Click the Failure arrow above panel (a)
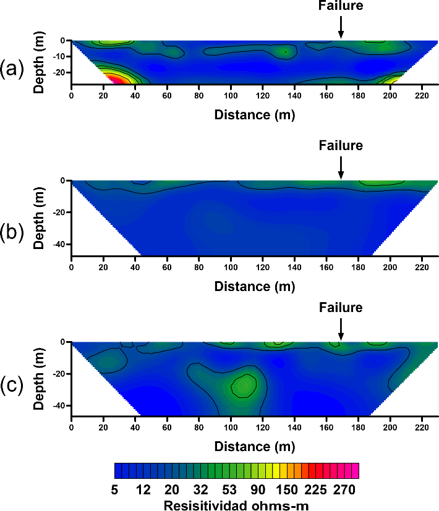coord(341,27)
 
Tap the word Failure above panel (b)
coord(341,146)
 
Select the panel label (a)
coord(12,69)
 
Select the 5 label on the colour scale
coord(116,490)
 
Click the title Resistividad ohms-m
coord(236,505)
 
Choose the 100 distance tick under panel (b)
coord(231,268)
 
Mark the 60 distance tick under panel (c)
coord(167,427)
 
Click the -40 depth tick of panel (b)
coord(59,245)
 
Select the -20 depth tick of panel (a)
coord(59,72)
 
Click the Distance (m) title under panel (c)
coord(255,445)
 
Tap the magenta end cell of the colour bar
coord(355,471)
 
